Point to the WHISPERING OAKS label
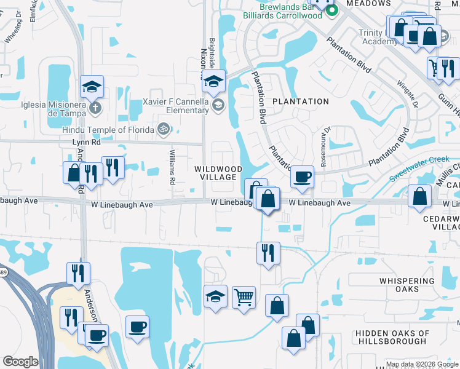[x=407, y=285]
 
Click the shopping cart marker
[x=244, y=298]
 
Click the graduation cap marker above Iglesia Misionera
[x=92, y=86]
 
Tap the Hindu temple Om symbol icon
[x=164, y=129]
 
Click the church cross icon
[x=95, y=108]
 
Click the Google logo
[x=20, y=362]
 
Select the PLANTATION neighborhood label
[x=301, y=101]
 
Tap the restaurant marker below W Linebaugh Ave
[x=268, y=253]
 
